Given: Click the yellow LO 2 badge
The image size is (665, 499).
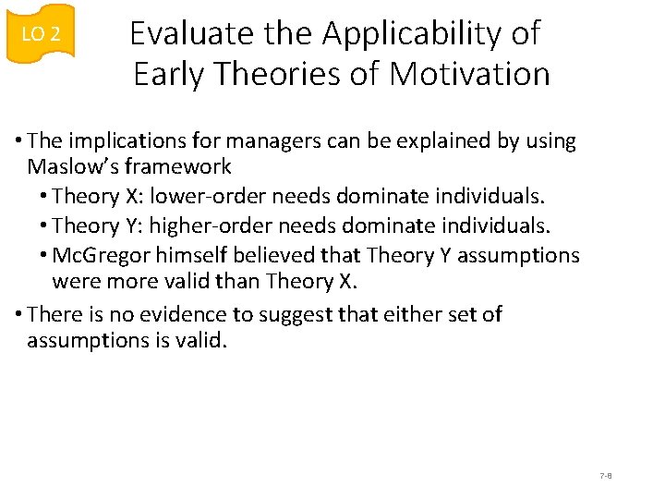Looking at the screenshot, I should click(x=40, y=34).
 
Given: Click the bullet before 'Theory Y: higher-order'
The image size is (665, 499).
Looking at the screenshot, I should click(x=44, y=225).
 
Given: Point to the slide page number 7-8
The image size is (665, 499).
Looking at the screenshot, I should click(x=606, y=476).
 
